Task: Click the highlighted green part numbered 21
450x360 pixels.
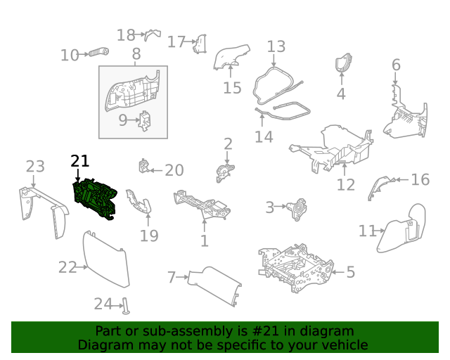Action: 97,200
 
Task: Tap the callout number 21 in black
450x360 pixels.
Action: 80,161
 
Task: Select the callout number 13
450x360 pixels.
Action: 276,46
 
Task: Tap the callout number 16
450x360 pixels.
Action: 420,180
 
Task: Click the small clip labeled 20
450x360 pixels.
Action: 144,168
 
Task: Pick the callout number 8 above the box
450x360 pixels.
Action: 136,54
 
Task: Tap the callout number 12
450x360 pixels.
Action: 346,185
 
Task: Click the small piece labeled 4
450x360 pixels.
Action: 342,64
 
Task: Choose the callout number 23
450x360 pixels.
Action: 35,167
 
